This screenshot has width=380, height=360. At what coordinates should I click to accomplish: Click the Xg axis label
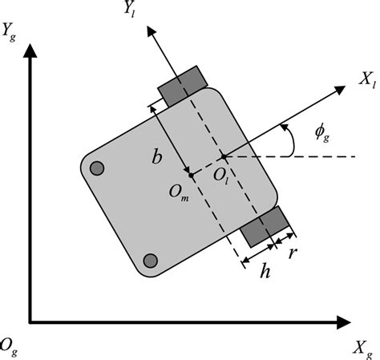[x=362, y=346]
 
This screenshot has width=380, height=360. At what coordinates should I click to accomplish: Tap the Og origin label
[x=9, y=346]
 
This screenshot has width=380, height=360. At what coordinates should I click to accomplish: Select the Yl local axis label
[x=127, y=12]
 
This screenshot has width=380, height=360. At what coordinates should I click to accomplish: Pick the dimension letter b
[x=157, y=158]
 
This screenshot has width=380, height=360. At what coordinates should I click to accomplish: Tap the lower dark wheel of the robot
[x=265, y=226]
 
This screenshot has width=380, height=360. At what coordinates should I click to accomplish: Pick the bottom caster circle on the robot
[x=149, y=260]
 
